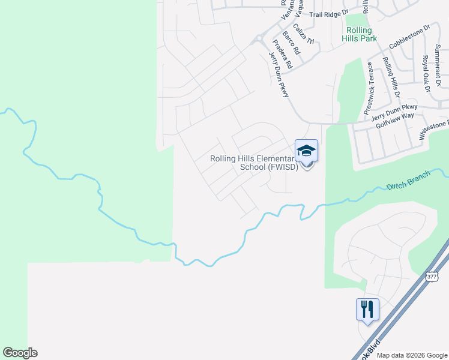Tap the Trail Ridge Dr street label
(x=328, y=13)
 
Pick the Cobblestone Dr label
(x=410, y=37)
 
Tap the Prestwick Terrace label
(x=370, y=88)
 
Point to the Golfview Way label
(x=395, y=119)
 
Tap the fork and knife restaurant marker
(x=367, y=310)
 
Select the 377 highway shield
(x=432, y=277)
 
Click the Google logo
(x=20, y=353)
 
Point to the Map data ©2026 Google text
(x=412, y=355)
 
